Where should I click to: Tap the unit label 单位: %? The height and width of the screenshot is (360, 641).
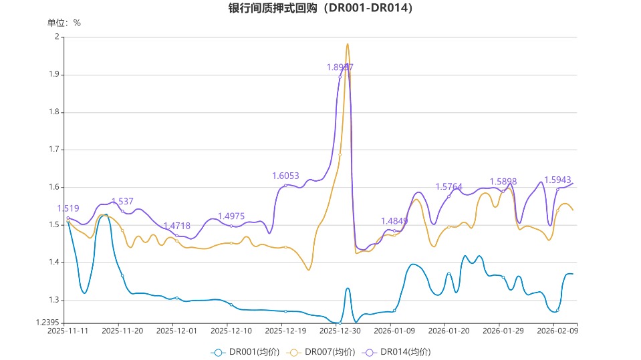click(x=64, y=23)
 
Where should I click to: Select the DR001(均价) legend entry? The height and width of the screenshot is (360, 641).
click(x=245, y=352)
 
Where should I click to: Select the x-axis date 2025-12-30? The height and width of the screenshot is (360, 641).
click(x=340, y=331)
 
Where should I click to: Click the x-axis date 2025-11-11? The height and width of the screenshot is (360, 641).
click(x=68, y=331)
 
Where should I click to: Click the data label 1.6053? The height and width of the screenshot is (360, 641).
click(x=285, y=176)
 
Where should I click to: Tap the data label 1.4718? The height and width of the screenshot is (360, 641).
click(x=176, y=226)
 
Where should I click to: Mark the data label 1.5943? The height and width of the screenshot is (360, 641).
click(x=557, y=180)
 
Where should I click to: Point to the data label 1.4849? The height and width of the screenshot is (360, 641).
click(x=394, y=221)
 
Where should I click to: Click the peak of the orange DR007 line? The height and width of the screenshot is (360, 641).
click(x=348, y=45)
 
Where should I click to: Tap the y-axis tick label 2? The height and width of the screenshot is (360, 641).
click(x=56, y=37)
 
